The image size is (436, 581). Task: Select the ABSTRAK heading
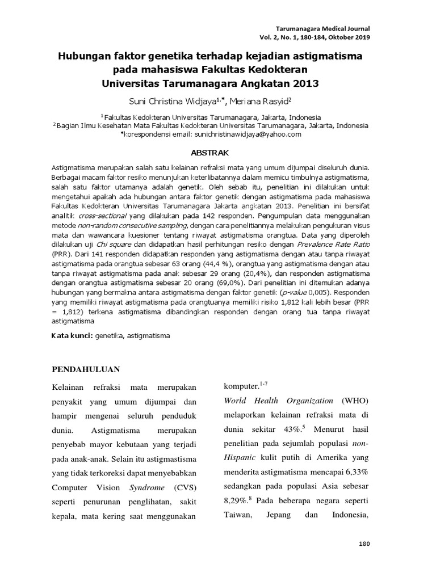[x=218, y=153]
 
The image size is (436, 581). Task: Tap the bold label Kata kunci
[x=72, y=336]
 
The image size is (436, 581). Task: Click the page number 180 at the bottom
[x=364, y=544]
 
